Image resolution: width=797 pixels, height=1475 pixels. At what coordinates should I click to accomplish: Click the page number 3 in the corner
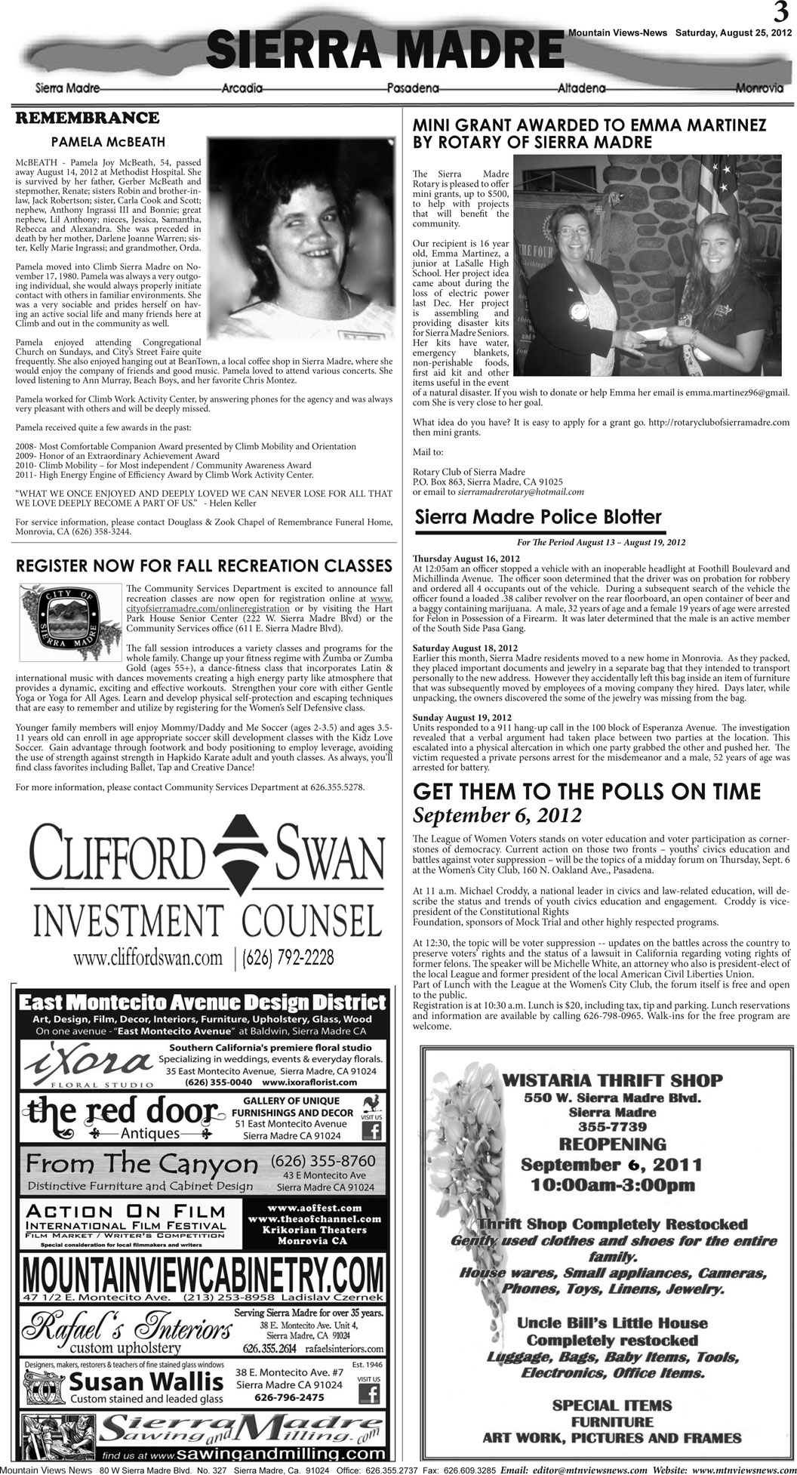(780, 13)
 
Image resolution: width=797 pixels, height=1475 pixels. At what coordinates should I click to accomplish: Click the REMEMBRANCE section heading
(88, 119)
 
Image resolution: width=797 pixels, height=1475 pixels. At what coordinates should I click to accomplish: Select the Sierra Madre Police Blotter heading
(538, 517)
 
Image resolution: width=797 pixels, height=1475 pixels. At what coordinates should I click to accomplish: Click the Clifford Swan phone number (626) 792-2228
(288, 958)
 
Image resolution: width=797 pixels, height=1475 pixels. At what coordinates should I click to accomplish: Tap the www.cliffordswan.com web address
(148, 958)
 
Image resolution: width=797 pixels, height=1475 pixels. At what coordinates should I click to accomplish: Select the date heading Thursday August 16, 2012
(466, 559)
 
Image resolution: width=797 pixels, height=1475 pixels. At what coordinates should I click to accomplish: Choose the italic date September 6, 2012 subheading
(497, 815)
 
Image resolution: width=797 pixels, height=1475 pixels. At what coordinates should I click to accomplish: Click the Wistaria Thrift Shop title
(612, 1080)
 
